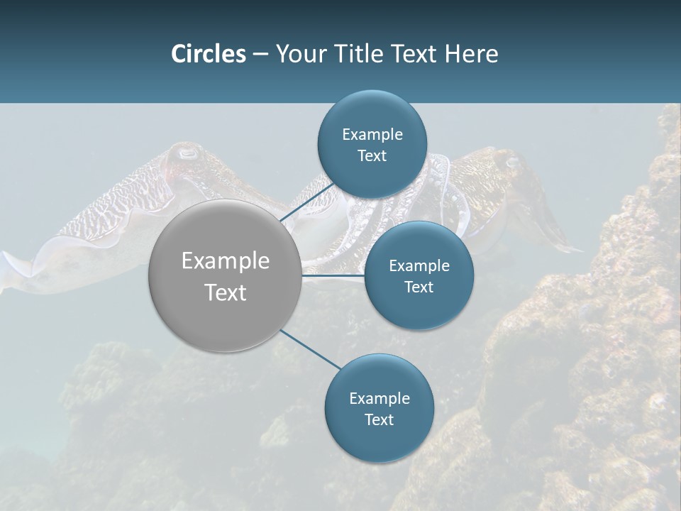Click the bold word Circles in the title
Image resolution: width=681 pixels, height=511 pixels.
(209, 54)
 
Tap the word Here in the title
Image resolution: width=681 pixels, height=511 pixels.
(471, 54)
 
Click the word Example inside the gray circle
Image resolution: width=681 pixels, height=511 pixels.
(226, 261)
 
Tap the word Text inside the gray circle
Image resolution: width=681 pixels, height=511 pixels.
(226, 292)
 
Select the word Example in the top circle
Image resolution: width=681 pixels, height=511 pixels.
(372, 135)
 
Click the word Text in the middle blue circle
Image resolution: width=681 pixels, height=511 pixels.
(419, 287)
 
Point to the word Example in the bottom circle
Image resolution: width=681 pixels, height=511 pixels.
(380, 399)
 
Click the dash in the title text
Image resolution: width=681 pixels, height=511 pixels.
(260, 54)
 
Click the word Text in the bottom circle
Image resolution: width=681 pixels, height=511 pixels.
(379, 420)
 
